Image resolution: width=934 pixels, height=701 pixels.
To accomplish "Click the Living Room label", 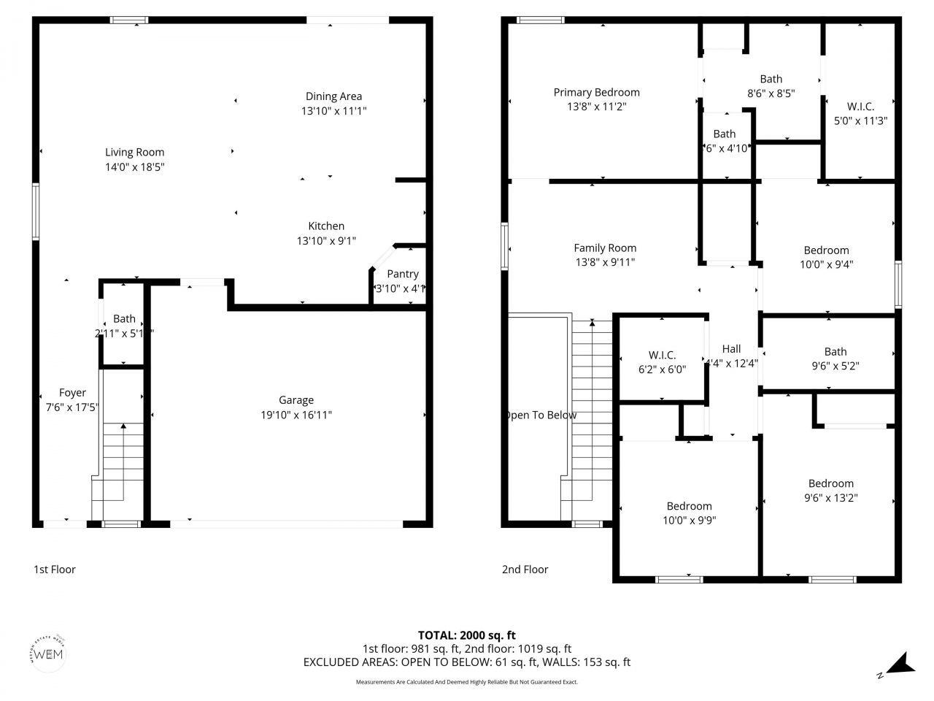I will [x=134, y=152].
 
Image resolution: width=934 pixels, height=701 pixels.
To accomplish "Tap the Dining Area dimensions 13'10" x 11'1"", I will [x=333, y=111].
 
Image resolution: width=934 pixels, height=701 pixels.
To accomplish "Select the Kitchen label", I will [x=325, y=226].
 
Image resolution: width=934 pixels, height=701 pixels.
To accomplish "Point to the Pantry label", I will [x=403, y=274].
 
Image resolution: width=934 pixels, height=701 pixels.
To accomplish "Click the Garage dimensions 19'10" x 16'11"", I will [x=296, y=415].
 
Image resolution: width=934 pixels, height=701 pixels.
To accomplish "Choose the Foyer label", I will [x=72, y=393].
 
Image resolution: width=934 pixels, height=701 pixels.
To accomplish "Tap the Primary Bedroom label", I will [x=596, y=92].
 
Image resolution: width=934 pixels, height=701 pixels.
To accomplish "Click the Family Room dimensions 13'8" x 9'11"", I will [x=605, y=262].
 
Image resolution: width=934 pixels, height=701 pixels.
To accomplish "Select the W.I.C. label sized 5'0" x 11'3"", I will [x=860, y=106].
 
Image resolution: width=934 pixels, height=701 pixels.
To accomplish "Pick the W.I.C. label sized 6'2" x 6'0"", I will [x=662, y=355].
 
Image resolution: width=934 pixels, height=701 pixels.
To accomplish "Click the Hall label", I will [x=731, y=349].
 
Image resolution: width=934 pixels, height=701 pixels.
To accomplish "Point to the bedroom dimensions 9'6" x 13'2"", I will [x=830, y=498].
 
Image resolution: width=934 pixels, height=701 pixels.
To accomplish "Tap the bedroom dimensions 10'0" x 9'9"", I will [x=689, y=521].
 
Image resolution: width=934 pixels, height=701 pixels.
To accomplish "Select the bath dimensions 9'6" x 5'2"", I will [x=835, y=366].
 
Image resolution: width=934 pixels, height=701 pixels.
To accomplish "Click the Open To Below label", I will [x=541, y=415].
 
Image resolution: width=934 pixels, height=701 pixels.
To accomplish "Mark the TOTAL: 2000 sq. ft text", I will [x=466, y=635].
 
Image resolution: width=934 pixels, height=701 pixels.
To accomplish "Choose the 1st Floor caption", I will [x=55, y=570].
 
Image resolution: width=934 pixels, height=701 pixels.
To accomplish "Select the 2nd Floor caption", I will [x=525, y=570].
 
